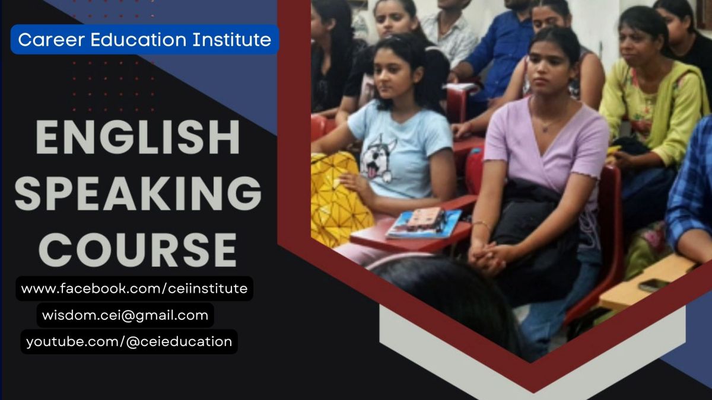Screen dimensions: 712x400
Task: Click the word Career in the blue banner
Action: tap(52, 40)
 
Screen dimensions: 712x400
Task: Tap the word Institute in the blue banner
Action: tap(232, 40)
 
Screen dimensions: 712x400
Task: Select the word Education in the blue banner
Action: tap(139, 40)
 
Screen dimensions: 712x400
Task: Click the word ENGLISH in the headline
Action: tap(138, 137)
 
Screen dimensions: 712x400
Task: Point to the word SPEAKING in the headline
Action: tap(138, 194)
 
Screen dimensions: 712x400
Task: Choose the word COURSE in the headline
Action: tap(138, 250)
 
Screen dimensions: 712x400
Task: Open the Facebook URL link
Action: tap(134, 289)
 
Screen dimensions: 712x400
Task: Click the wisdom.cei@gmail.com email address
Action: tap(125, 315)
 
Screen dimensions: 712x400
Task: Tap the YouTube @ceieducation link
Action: tap(129, 342)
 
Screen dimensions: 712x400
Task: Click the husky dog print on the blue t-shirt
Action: tap(379, 159)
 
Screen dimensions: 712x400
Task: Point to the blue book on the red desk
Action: tap(424, 224)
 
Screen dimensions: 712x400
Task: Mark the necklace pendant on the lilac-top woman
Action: tap(545, 129)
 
